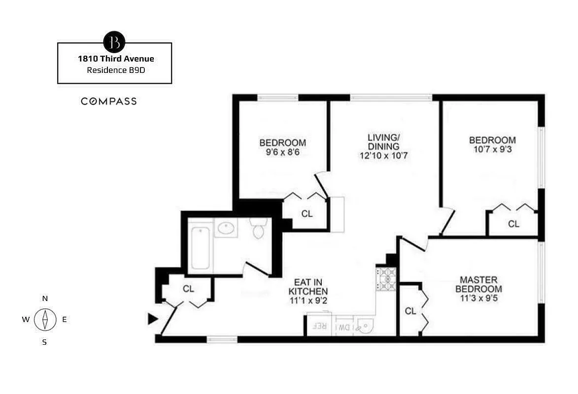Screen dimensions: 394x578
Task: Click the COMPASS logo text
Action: click(x=109, y=101)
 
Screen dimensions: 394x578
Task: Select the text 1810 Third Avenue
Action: click(x=116, y=59)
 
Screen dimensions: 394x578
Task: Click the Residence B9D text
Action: click(x=116, y=70)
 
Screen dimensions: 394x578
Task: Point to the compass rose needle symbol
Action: click(x=45, y=320)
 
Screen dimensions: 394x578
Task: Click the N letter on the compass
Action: click(x=45, y=298)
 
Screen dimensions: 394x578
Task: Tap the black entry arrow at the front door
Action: click(x=153, y=319)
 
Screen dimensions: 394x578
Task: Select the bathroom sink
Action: click(x=226, y=229)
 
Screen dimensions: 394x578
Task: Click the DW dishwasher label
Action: click(x=343, y=327)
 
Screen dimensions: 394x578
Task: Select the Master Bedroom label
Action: click(x=478, y=284)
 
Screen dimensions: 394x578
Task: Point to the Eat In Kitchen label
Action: click(x=308, y=287)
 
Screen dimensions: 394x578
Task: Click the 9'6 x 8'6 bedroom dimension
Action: click(x=279, y=153)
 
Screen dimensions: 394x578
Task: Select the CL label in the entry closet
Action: click(x=189, y=289)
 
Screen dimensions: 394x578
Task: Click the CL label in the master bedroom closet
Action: click(x=410, y=311)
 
